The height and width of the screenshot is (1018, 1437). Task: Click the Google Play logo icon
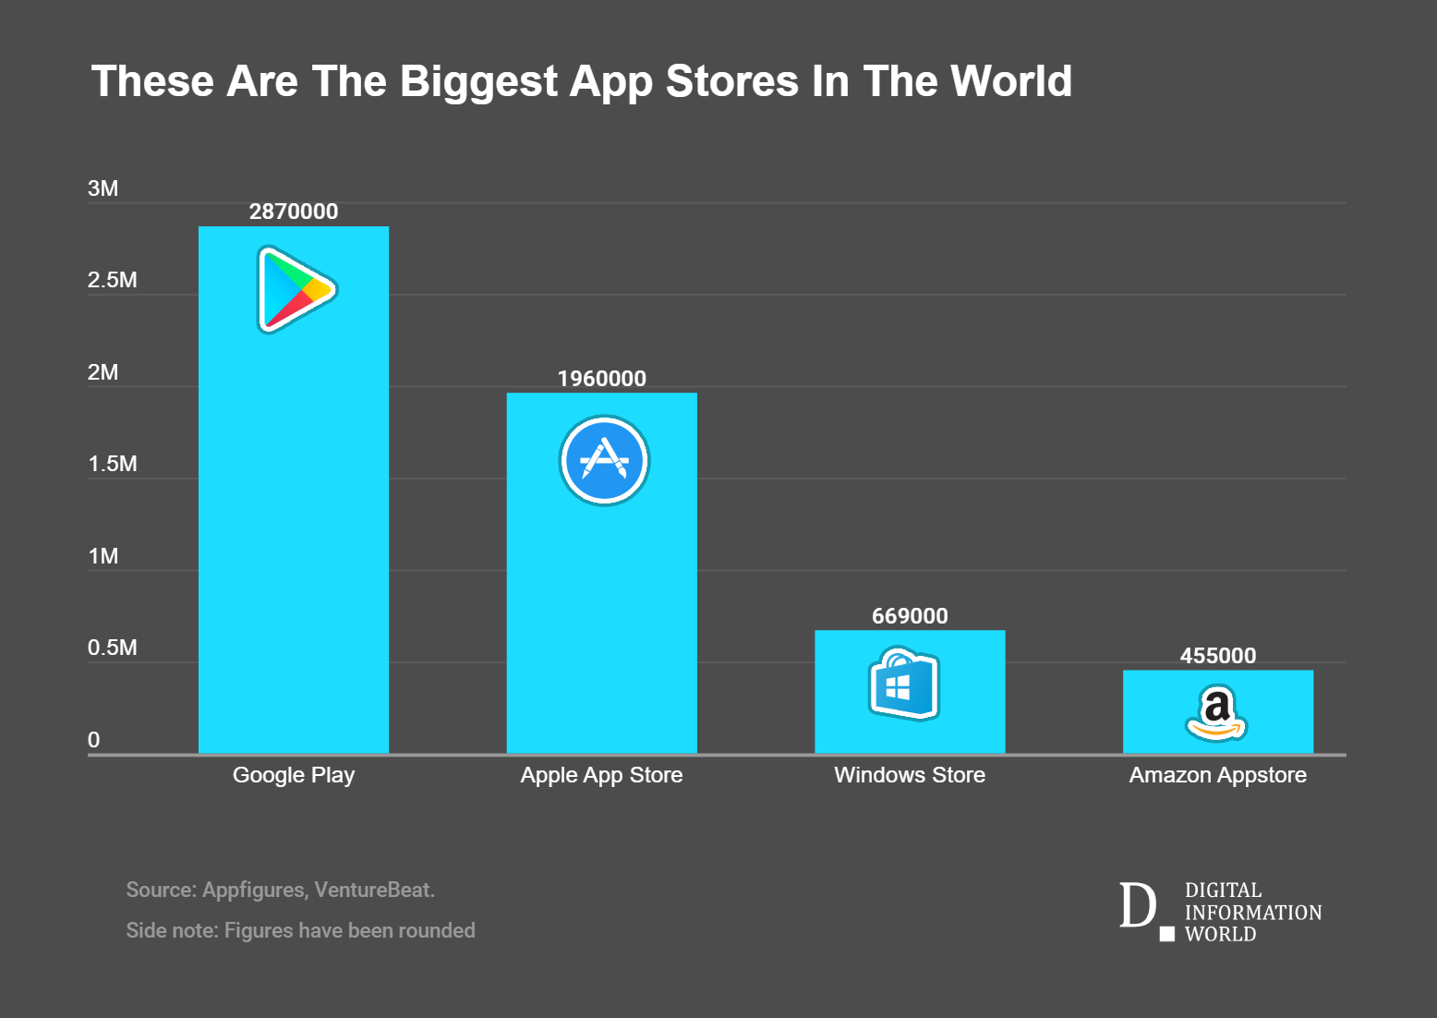296,289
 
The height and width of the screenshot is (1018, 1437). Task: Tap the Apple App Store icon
604,460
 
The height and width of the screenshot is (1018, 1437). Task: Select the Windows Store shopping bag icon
904,683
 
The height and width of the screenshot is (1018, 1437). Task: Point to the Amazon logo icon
1216,713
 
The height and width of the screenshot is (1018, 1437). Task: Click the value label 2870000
293,212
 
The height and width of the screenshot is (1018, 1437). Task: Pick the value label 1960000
602,378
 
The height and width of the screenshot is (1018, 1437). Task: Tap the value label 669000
910,615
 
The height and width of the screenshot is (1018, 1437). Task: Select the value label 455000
1217,655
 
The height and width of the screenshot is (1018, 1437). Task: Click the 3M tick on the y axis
103,188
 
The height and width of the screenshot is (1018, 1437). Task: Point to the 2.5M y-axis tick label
113,280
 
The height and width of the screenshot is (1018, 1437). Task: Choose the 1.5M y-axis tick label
113,464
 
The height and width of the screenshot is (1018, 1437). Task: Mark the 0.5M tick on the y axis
113,647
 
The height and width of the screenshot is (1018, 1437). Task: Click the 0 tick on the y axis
93,739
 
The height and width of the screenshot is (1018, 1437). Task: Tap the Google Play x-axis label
293,775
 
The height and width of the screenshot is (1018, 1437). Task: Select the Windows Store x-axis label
910,775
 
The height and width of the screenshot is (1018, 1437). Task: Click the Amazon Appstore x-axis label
1217,775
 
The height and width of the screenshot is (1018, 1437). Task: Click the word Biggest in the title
478,83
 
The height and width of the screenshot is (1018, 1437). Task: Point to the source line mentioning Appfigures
281,890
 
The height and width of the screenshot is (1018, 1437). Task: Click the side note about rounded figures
300,931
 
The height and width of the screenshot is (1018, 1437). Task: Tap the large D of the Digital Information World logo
1138,905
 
